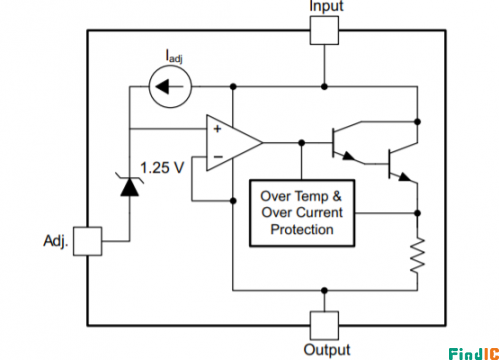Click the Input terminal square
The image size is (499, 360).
click(x=324, y=30)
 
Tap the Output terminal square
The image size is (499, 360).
click(x=324, y=325)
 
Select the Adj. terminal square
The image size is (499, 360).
click(x=87, y=241)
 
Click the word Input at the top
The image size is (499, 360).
click(x=326, y=6)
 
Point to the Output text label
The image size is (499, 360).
click(x=327, y=350)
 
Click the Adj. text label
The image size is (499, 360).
click(x=56, y=241)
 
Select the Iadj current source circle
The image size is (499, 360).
click(x=170, y=87)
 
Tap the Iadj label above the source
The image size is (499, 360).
click(x=174, y=56)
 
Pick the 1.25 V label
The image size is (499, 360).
click(x=162, y=167)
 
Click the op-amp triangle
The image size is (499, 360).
click(x=234, y=143)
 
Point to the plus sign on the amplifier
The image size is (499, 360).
click(x=217, y=129)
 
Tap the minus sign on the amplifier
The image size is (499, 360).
click(x=218, y=156)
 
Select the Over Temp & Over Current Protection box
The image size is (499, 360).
click(x=302, y=213)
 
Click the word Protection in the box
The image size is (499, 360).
click(x=302, y=230)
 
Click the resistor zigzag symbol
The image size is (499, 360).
click(x=417, y=255)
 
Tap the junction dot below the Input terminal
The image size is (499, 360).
click(x=324, y=87)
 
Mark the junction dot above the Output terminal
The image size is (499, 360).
click(x=324, y=291)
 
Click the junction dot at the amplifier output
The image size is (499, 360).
click(x=302, y=143)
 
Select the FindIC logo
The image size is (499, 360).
click(x=473, y=354)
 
